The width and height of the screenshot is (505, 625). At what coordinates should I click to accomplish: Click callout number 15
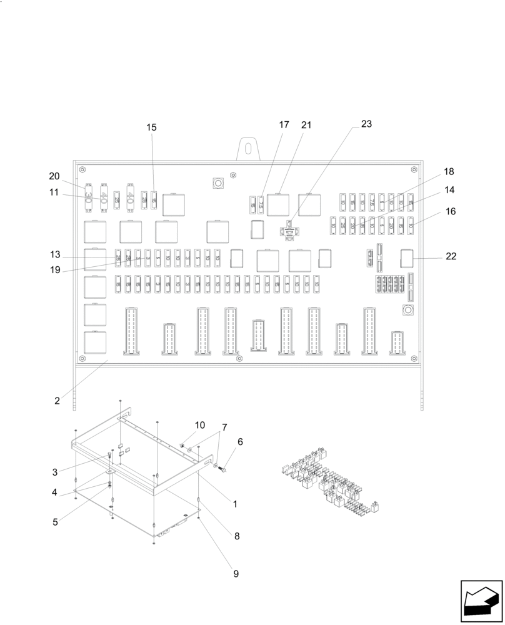pyautogui.click(x=152, y=127)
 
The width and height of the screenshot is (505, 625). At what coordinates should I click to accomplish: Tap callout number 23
pyautogui.click(x=366, y=124)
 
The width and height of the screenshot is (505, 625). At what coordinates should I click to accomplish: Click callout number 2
pyautogui.click(x=57, y=401)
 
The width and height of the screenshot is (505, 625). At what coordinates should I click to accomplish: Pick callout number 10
pyautogui.click(x=199, y=425)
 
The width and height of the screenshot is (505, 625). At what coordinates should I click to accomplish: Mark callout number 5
pyautogui.click(x=56, y=521)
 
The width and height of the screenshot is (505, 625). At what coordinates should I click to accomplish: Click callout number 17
pyautogui.click(x=284, y=124)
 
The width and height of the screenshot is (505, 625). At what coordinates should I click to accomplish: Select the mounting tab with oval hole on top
pyautogui.click(x=248, y=149)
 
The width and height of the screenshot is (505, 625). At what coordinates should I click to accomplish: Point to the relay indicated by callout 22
pyautogui.click(x=407, y=257)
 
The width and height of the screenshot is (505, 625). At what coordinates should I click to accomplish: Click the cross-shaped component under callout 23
pyautogui.click(x=289, y=231)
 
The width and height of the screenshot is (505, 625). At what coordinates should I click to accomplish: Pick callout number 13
pyautogui.click(x=56, y=254)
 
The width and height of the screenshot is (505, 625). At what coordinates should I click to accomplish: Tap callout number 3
pyautogui.click(x=56, y=471)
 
